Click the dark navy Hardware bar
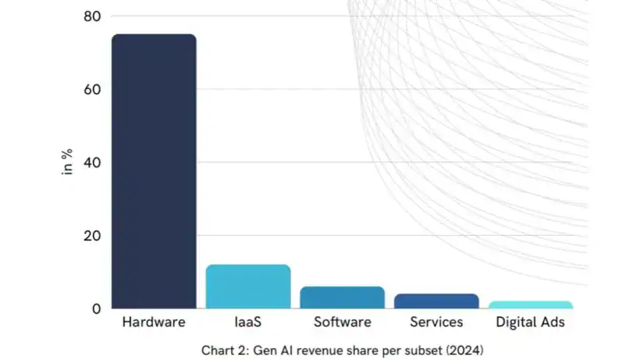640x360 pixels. [x=154, y=171]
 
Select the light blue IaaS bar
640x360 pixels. [x=248, y=287]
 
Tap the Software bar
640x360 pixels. [x=342, y=298]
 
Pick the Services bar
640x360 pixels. [x=436, y=301]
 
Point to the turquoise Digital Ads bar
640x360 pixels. [x=530, y=305]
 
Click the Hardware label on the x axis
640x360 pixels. [x=154, y=322]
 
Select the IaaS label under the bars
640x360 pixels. [x=248, y=322]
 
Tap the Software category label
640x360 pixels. [x=342, y=322]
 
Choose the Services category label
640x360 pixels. [x=436, y=322]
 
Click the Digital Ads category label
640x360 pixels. [x=530, y=322]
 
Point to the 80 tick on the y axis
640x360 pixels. [x=92, y=16]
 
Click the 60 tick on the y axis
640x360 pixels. [x=92, y=89]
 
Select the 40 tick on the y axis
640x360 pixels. [x=92, y=162]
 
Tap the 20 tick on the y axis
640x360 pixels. [x=92, y=235]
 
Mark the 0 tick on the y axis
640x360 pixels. [x=96, y=308]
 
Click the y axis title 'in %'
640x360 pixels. [x=68, y=162]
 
